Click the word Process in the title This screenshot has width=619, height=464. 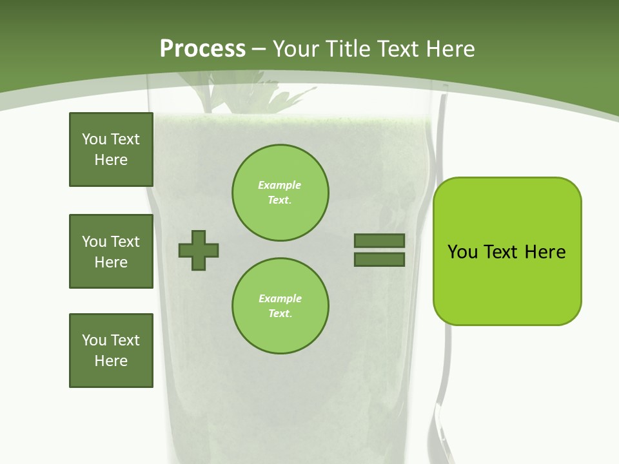coord(202,49)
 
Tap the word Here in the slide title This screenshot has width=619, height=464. coord(449,49)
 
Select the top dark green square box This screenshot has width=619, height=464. coord(111,150)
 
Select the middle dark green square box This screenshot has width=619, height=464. coord(111,251)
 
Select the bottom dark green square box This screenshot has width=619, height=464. coord(111,351)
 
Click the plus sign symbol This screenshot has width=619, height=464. coord(199,250)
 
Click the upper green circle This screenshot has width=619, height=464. coord(280,192)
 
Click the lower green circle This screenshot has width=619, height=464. coord(280,306)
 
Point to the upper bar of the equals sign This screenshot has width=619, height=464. coord(379,241)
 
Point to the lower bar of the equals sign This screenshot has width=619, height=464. coord(379,260)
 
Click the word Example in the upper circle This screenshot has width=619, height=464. coord(279,185)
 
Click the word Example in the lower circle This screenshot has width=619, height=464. coord(280,298)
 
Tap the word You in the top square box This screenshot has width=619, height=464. coord(94,139)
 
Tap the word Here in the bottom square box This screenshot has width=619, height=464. coord(111,361)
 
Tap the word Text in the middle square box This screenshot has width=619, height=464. coord(124,242)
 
